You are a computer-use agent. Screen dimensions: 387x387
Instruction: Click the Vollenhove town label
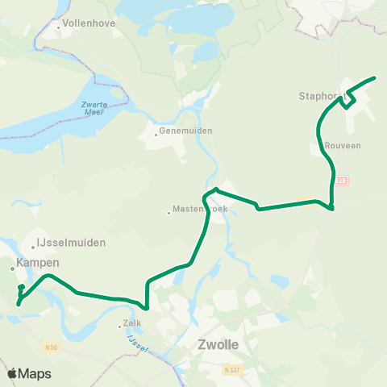[89, 24]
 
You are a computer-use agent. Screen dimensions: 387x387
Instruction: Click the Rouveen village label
[343, 146]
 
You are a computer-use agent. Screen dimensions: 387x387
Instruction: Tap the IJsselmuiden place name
[71, 242]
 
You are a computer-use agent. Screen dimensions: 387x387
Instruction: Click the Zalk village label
[131, 326]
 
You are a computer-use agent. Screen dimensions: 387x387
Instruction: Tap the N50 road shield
[51, 347]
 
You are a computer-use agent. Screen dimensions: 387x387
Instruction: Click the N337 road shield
[233, 370]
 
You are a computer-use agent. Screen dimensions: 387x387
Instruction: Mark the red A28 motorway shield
[342, 181]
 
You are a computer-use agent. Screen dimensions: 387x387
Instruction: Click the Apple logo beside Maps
[13, 373]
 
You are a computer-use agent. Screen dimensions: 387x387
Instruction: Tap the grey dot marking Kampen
[13, 268]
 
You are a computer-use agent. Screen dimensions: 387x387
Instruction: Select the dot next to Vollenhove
[59, 27]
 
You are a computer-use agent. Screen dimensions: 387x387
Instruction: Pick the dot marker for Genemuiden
[156, 134]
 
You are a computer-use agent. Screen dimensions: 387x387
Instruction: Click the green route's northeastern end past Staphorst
[375, 78]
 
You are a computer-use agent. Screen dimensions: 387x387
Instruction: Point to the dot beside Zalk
[120, 326]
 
